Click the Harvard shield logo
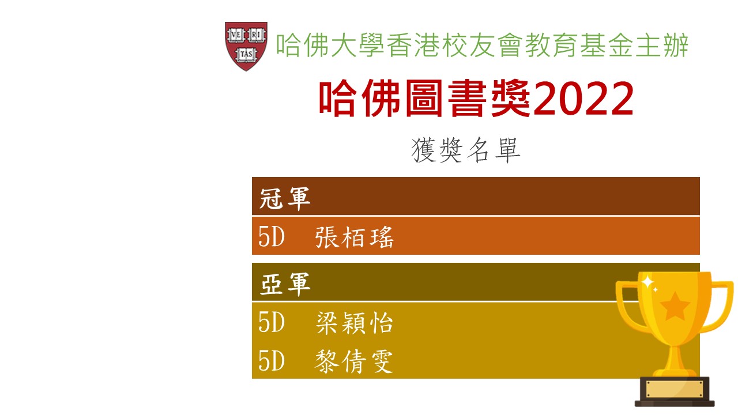246,46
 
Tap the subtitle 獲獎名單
465,150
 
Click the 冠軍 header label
285,198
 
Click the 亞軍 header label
285,284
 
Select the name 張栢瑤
354,237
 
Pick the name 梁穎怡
354,322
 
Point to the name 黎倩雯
353,361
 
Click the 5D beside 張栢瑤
271,236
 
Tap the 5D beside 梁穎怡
271,322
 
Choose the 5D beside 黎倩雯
271,361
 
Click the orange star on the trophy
675,306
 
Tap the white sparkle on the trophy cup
647,282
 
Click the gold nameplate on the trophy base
675,389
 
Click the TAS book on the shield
246,54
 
